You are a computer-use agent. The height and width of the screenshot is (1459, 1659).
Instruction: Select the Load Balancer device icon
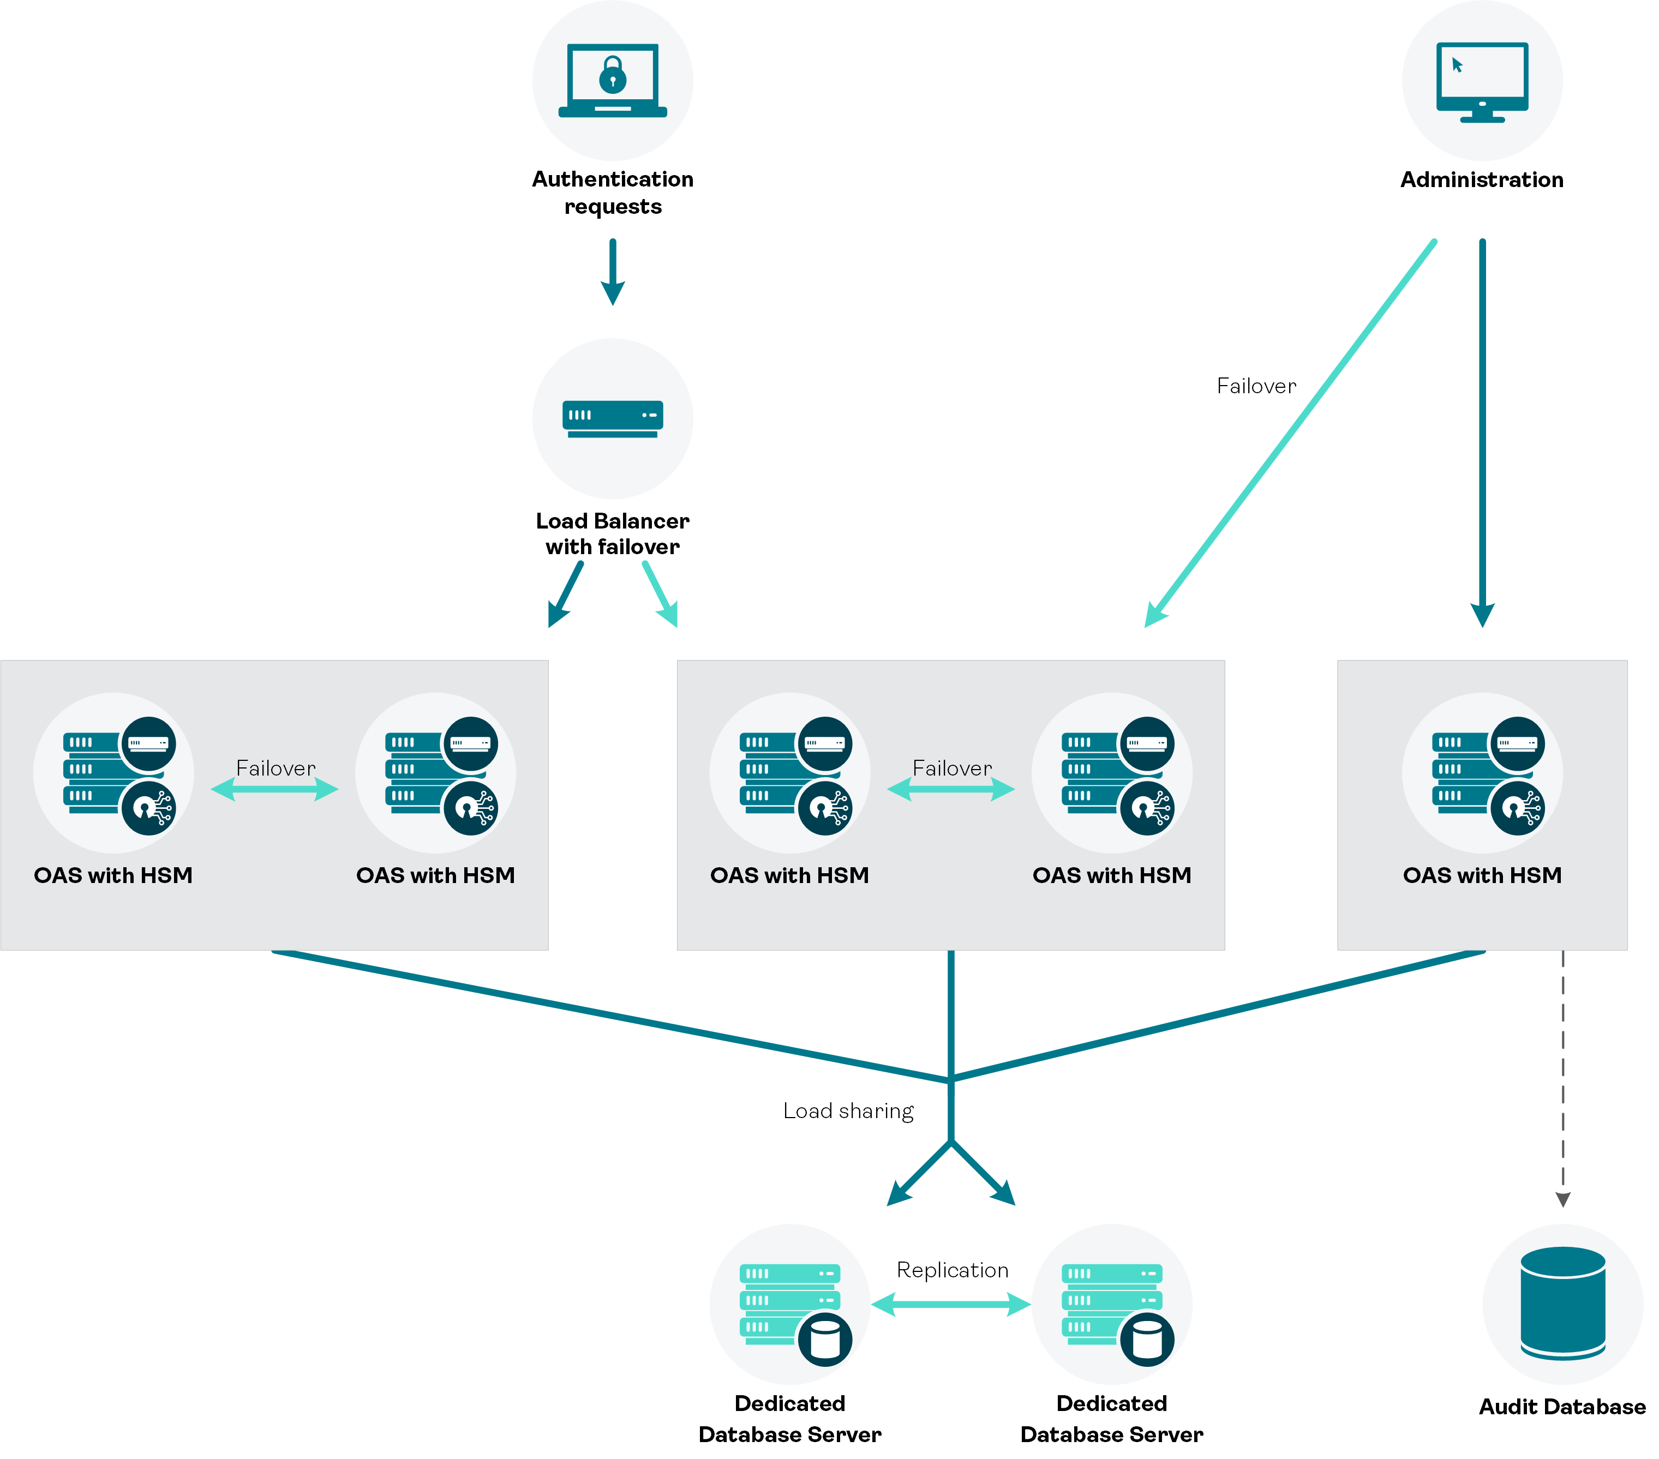pyautogui.click(x=613, y=418)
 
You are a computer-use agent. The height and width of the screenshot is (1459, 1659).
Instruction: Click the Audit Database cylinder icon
pyautogui.click(x=1562, y=1302)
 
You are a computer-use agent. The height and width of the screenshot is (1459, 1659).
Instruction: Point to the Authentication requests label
pyautogui.click(x=613, y=193)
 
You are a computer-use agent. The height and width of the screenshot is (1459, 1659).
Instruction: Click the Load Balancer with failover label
pyautogui.click(x=613, y=533)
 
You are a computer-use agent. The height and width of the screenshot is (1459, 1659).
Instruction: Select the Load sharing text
pyautogui.click(x=848, y=1111)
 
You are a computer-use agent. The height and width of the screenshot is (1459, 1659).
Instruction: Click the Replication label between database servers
pyautogui.click(x=952, y=1270)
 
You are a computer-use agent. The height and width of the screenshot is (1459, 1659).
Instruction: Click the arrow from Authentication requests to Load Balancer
pyautogui.click(x=613, y=272)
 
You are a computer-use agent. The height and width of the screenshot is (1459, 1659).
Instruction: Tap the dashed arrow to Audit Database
pyautogui.click(x=1562, y=1079)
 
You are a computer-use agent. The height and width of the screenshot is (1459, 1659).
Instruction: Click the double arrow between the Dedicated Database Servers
pyautogui.click(x=951, y=1304)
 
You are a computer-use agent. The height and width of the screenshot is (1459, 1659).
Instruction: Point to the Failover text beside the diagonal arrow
pyautogui.click(x=1256, y=386)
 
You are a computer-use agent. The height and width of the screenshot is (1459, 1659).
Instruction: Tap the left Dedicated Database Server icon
pyautogui.click(x=790, y=1304)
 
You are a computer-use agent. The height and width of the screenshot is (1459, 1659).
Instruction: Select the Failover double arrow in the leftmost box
pyautogui.click(x=274, y=789)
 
